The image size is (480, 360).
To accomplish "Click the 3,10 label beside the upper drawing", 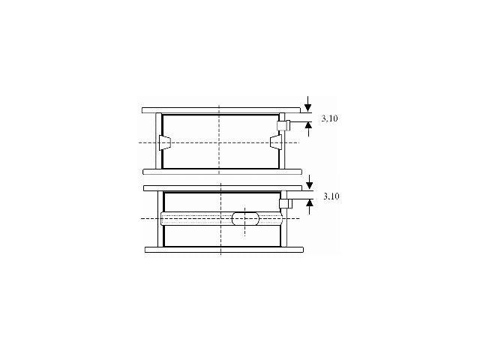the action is click(329, 118).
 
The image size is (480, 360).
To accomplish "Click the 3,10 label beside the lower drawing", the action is click(331, 196).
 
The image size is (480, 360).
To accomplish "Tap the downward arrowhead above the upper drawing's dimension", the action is click(308, 108).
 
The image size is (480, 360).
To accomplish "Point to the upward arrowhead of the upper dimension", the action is click(308, 125).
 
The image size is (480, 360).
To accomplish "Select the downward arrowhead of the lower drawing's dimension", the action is click(310, 185).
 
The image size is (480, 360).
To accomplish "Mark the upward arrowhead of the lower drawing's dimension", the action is click(310, 203).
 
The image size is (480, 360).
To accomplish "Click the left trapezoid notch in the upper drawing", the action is click(165, 143).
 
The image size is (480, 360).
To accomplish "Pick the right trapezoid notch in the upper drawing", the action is click(276, 143).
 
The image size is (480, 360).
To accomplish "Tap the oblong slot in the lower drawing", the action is click(245, 218).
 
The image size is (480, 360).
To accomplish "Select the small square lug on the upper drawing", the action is click(283, 125).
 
